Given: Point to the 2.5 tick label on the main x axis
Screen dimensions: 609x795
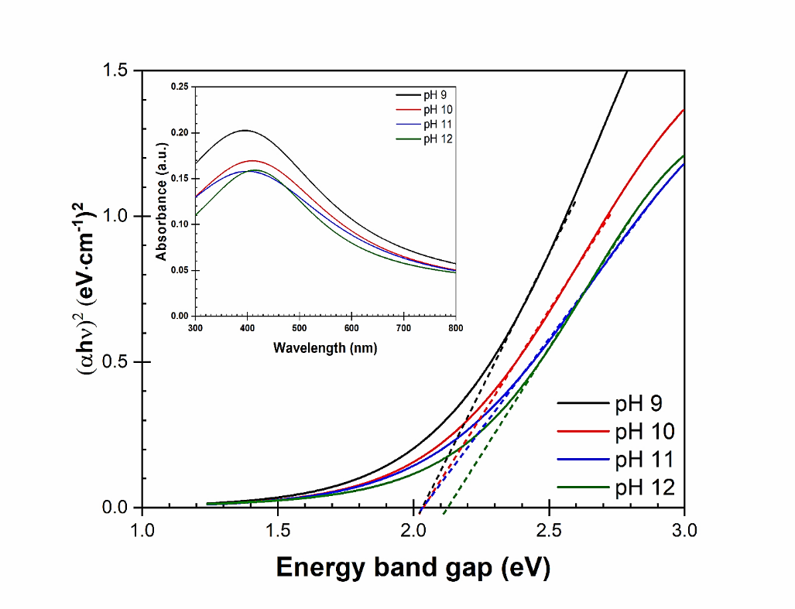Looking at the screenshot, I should (x=549, y=531).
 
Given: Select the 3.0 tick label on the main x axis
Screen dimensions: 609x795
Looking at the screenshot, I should (x=684, y=531).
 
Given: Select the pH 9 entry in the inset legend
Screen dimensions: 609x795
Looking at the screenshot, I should (x=435, y=94).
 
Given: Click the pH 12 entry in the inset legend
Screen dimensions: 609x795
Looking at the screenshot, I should (x=437, y=139).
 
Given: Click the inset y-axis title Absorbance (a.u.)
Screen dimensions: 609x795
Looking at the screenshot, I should (x=162, y=201).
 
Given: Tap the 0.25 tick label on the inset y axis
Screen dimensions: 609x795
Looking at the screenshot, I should (x=179, y=87).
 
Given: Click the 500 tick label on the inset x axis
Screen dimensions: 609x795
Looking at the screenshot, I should (x=300, y=328).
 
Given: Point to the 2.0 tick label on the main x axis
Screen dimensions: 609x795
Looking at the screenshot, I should (x=413, y=531).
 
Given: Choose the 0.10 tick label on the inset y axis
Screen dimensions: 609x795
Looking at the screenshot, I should (x=179, y=224).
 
